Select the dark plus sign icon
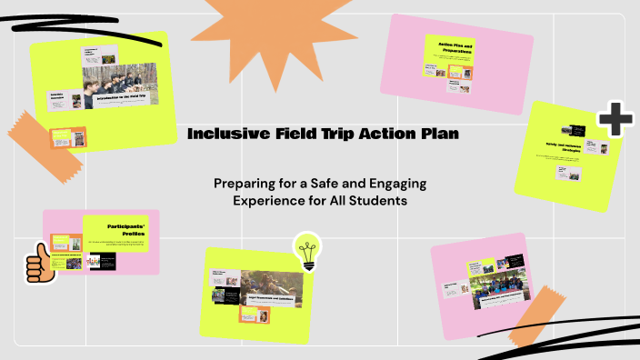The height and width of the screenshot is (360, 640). click(615, 119)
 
